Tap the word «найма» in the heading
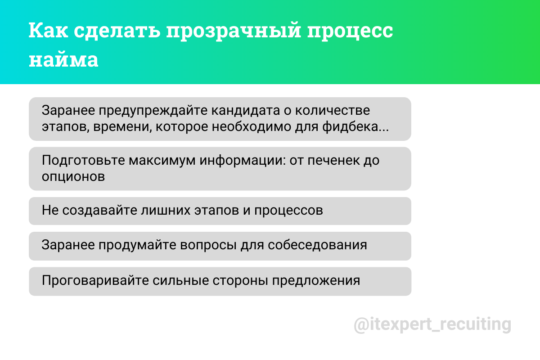point(63,60)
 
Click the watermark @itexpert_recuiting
point(432,324)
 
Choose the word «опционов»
point(73,176)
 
